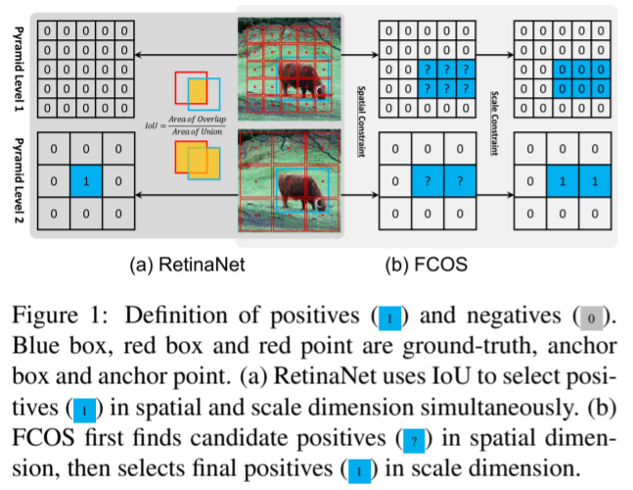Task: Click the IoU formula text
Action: [x=190, y=124]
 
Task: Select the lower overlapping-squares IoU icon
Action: [x=197, y=160]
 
